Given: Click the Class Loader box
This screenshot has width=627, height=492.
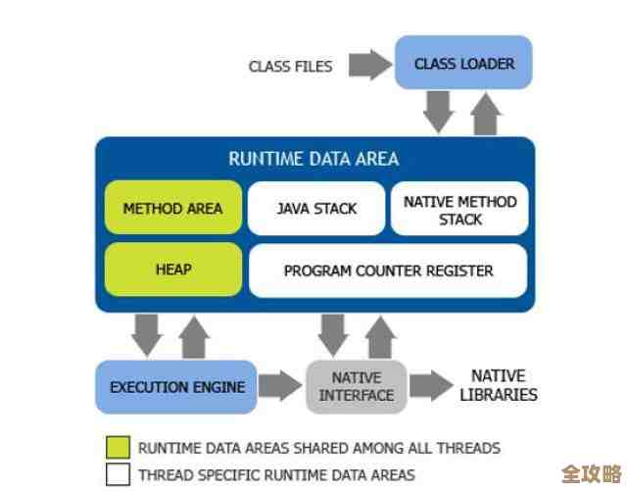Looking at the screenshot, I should coord(463,64).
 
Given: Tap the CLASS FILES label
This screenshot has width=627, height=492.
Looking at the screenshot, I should coord(290,67).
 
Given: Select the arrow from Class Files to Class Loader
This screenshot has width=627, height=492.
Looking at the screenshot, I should coord(369,66).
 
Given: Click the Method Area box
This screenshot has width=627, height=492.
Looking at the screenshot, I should coord(172,208).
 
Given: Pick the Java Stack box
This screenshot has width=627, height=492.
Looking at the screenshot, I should coord(315,208).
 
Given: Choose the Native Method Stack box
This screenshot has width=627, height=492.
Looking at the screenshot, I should coord(459,210).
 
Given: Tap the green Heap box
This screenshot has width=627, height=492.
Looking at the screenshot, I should coord(172,270).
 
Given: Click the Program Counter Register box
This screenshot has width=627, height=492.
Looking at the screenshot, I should coord(388,271).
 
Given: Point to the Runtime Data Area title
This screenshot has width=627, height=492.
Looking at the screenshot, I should coord(313,159).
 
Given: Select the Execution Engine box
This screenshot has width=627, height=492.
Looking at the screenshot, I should coord(176,387).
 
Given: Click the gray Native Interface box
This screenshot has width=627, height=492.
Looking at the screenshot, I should coord(356,386).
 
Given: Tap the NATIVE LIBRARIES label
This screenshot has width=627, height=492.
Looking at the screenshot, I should coord(499,385).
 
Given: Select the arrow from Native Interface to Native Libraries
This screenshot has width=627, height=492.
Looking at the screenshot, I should coord(431,385).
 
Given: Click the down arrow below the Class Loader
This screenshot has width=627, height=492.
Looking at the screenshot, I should coord(438,112).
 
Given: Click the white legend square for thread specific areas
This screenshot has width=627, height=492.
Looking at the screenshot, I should coord(118,474).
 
